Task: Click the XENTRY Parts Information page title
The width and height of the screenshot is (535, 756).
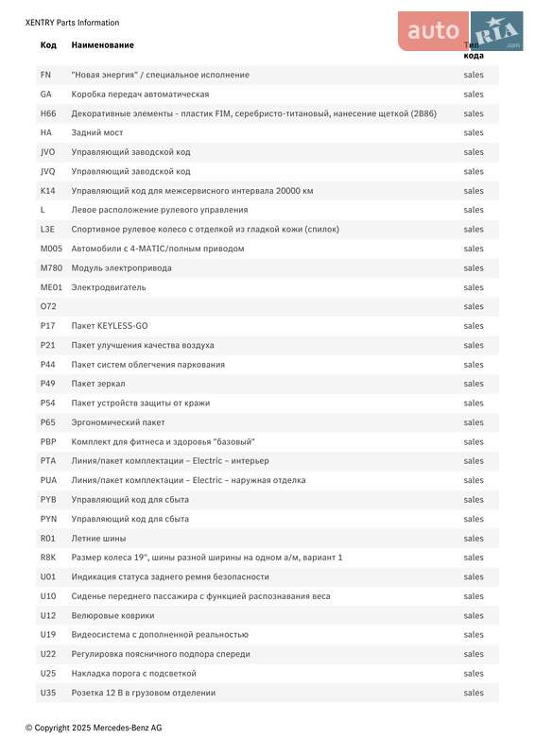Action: click(72, 23)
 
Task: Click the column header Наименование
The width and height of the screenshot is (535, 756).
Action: click(102, 45)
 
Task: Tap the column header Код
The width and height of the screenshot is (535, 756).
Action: click(48, 45)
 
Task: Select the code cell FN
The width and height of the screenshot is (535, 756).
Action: click(45, 75)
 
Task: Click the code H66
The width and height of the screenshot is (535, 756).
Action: click(48, 113)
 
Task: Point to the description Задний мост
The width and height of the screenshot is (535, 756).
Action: click(97, 133)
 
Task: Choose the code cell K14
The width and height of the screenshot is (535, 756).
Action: click(48, 191)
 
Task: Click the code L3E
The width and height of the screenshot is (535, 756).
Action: click(47, 230)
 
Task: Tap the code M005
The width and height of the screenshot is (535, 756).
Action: click(50, 249)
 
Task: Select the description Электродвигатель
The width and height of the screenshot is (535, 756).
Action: click(109, 287)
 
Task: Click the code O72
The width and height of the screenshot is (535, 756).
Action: click(48, 306)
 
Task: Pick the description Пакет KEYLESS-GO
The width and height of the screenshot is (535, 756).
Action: click(110, 326)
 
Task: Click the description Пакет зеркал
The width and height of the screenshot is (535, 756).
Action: click(98, 384)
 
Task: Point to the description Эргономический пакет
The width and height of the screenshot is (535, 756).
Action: click(118, 422)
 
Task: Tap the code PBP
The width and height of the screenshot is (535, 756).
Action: click(48, 441)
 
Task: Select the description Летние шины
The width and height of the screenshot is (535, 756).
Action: click(98, 538)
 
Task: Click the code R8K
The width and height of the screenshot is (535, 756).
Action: click(48, 558)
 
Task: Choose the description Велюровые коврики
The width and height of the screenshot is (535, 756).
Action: click(112, 615)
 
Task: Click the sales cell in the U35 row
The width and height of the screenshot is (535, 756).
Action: click(474, 693)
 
